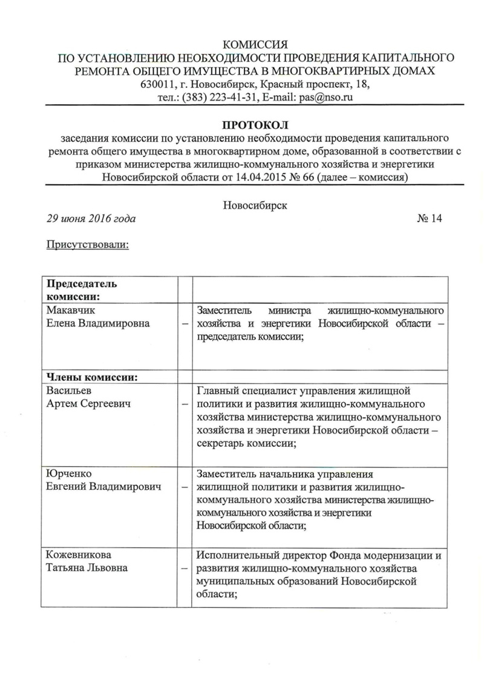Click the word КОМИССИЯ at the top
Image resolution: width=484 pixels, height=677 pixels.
point(255,45)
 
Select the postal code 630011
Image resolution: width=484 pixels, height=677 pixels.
point(157,84)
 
